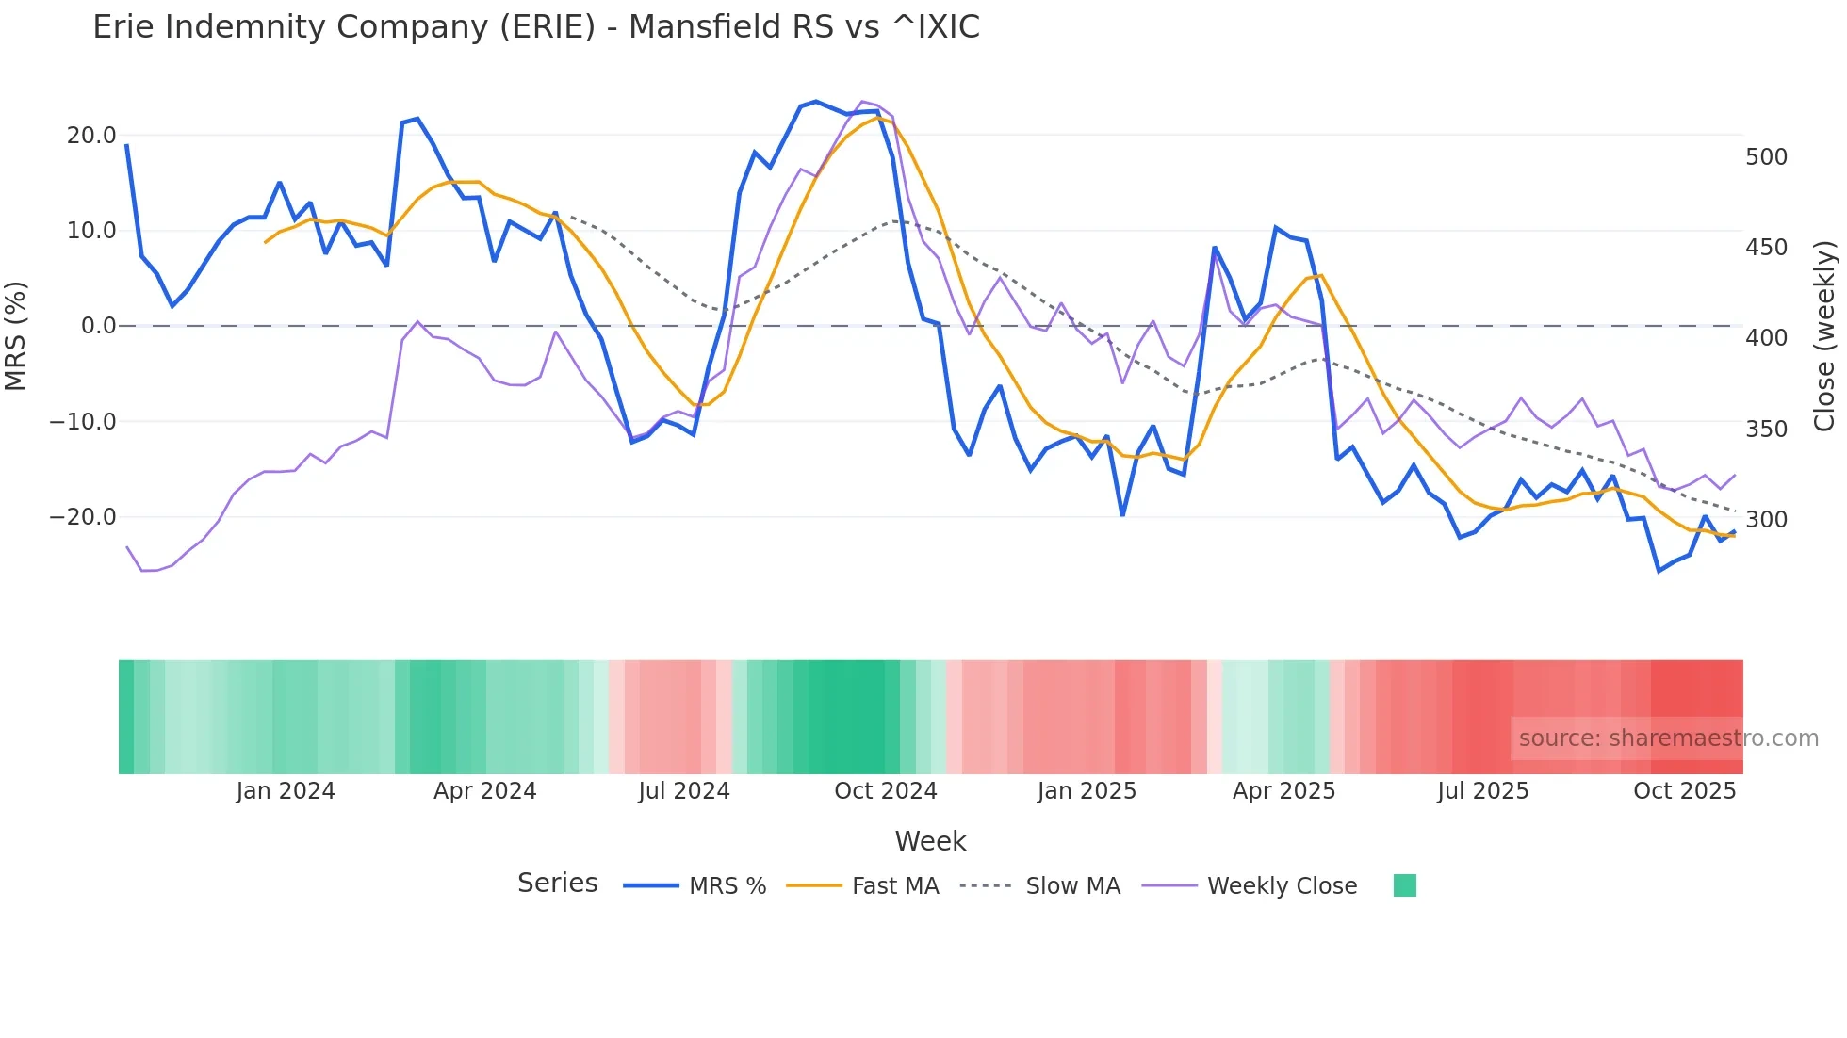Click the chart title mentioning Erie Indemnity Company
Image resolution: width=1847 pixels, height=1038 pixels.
[535, 27]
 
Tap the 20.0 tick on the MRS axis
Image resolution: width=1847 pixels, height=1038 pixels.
[91, 136]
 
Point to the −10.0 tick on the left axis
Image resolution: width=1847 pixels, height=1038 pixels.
[83, 422]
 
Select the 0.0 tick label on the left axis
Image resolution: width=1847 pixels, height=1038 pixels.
[98, 326]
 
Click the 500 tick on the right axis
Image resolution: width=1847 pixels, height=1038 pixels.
[1766, 157]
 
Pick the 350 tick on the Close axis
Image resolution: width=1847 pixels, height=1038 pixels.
[1766, 430]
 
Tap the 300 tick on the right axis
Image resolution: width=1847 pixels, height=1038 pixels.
[1766, 520]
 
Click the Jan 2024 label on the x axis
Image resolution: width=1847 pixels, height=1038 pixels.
[285, 791]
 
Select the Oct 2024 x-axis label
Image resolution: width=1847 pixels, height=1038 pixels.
[885, 791]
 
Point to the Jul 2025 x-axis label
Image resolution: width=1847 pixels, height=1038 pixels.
[1482, 791]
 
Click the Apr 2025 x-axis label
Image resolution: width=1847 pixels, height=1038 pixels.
[1283, 791]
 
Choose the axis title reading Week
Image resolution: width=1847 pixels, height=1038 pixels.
[930, 841]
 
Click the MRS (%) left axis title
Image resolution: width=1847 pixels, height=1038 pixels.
[16, 335]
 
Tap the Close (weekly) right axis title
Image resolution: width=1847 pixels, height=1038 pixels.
[1824, 335]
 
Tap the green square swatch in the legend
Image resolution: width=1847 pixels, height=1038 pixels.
[1404, 885]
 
